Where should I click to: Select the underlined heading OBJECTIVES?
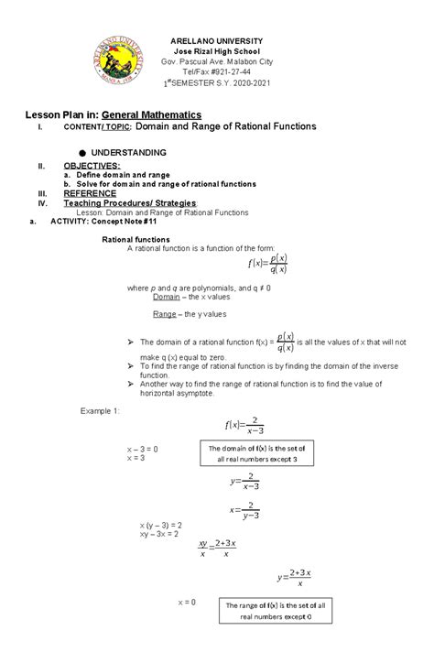coord(92,165)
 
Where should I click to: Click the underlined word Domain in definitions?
coord(166,297)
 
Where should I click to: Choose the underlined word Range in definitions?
coord(164,313)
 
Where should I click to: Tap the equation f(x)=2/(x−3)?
coord(244,425)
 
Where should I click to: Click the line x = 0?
coord(187,601)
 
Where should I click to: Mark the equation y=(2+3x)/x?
coord(295,576)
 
